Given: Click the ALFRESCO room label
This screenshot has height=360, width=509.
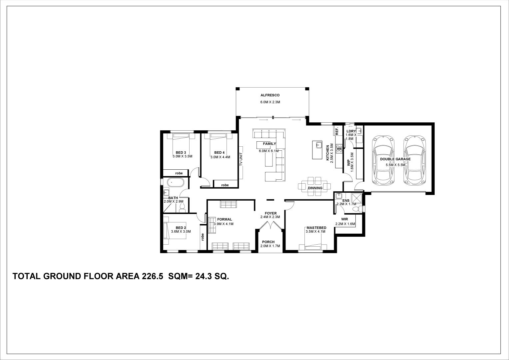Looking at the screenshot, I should coord(270,95).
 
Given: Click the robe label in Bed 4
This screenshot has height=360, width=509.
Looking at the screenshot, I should coord(225,185).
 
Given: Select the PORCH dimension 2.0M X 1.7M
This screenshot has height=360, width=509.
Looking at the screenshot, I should coord(270,246).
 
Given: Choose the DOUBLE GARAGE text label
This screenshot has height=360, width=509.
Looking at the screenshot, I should coord(395,159).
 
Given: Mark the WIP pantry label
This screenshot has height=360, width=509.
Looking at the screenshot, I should coord(349,162).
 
